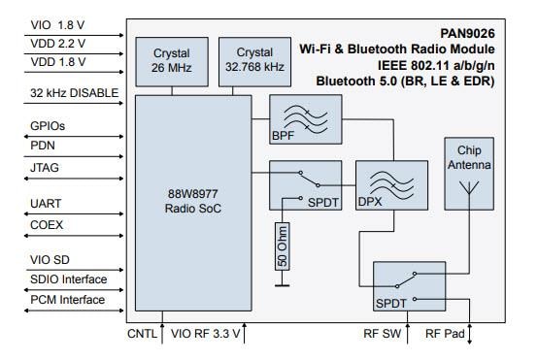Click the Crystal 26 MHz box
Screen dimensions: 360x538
click(171, 59)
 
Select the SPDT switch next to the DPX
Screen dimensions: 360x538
click(304, 183)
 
